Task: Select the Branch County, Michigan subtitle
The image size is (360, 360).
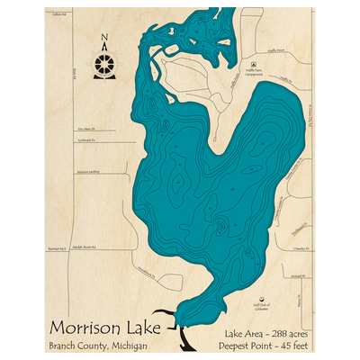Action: tap(101, 346)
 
